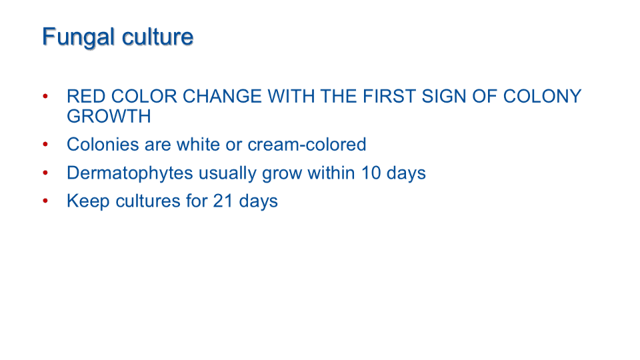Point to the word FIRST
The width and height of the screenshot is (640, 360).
tap(389, 97)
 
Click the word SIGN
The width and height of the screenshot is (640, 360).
tap(444, 97)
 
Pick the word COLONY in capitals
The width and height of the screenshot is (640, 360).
tap(542, 97)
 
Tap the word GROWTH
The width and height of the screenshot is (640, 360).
tap(109, 117)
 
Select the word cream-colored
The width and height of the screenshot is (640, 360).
tap(307, 145)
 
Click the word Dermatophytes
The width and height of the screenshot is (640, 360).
tap(130, 173)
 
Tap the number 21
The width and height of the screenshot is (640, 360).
tap(223, 201)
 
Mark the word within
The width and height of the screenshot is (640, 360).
tap(331, 173)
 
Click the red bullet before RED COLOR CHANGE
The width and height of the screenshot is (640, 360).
tap(45, 97)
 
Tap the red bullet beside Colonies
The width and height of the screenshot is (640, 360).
tap(45, 145)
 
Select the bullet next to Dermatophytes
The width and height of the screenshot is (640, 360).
tap(45, 173)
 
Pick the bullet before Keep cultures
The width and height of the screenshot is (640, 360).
tap(45, 201)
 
